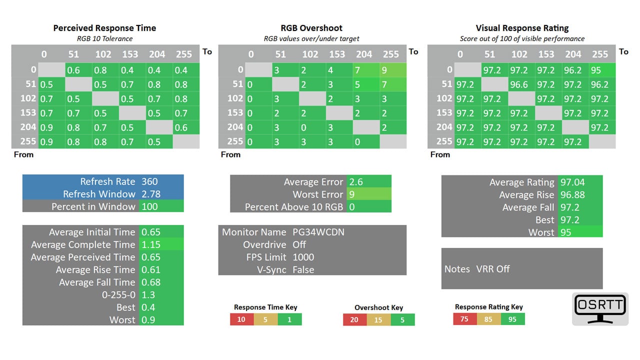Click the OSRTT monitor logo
tap(600, 309)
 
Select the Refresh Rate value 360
tap(149, 181)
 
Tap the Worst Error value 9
tap(351, 194)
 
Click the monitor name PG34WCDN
tap(318, 232)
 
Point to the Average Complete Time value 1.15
tap(151, 244)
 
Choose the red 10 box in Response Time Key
tap(241, 319)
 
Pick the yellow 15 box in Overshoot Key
tap(378, 319)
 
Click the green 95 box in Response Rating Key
tap(512, 319)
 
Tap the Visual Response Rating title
tap(522, 28)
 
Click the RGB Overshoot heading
tap(311, 28)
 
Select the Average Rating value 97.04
tap(572, 182)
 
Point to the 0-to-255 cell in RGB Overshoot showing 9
tap(393, 70)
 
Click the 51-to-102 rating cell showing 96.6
tap(521, 84)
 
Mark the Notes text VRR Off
tap(493, 269)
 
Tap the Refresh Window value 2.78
tap(151, 194)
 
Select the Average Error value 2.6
tap(356, 181)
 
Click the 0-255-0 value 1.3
tap(148, 295)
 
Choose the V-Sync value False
tap(303, 269)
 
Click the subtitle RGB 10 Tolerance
tap(104, 38)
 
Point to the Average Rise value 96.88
tap(572, 195)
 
